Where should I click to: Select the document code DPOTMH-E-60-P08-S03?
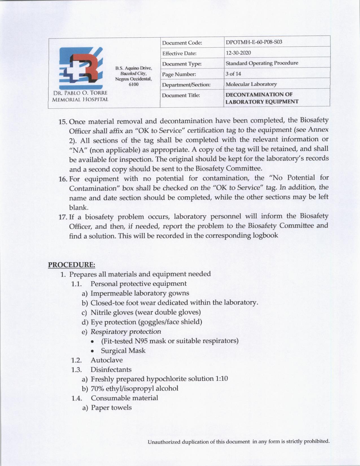coord(254,42)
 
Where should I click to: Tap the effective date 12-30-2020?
coord(238,53)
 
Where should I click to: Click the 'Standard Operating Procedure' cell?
coord(262,63)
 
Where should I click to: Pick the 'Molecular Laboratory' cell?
coord(251,84)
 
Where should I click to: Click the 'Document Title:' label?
coord(181,95)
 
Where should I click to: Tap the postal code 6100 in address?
coord(133,84)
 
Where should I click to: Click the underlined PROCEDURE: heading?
coord(71,265)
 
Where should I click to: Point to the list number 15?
coord(62,122)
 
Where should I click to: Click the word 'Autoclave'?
coord(106,360)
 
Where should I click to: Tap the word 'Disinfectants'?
coord(111,370)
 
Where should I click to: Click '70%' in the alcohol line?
coord(97,389)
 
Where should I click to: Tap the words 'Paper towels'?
coord(111,408)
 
